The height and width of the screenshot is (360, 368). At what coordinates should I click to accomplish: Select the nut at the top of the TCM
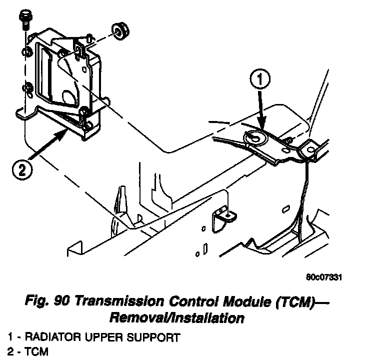pos(118,30)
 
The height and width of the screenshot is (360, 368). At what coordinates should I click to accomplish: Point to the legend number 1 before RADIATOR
pos(10,337)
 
